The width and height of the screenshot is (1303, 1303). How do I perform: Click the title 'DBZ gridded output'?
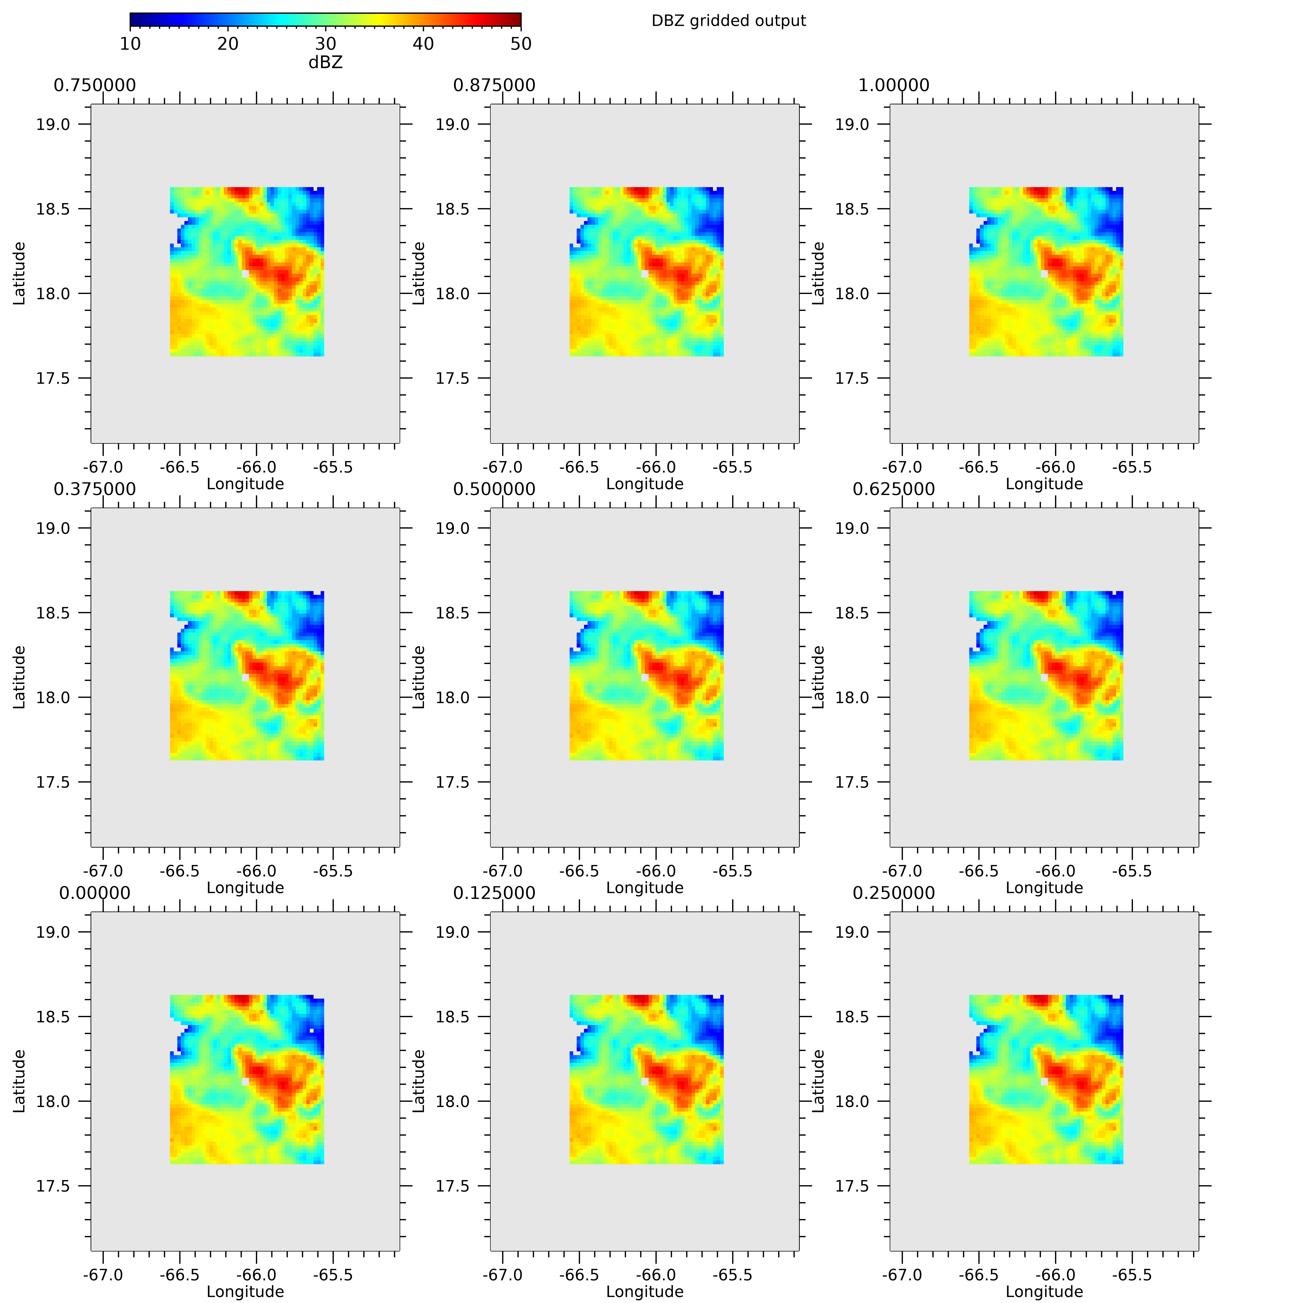pyautogui.click(x=728, y=21)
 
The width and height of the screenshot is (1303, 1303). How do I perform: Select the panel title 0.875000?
pyautogui.click(x=494, y=86)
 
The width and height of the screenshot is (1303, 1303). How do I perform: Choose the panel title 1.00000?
pyautogui.click(x=894, y=86)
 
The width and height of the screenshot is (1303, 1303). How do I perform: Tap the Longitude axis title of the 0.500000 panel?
pyautogui.click(x=645, y=888)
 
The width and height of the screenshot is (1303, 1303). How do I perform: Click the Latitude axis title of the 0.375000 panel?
pyautogui.click(x=19, y=677)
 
